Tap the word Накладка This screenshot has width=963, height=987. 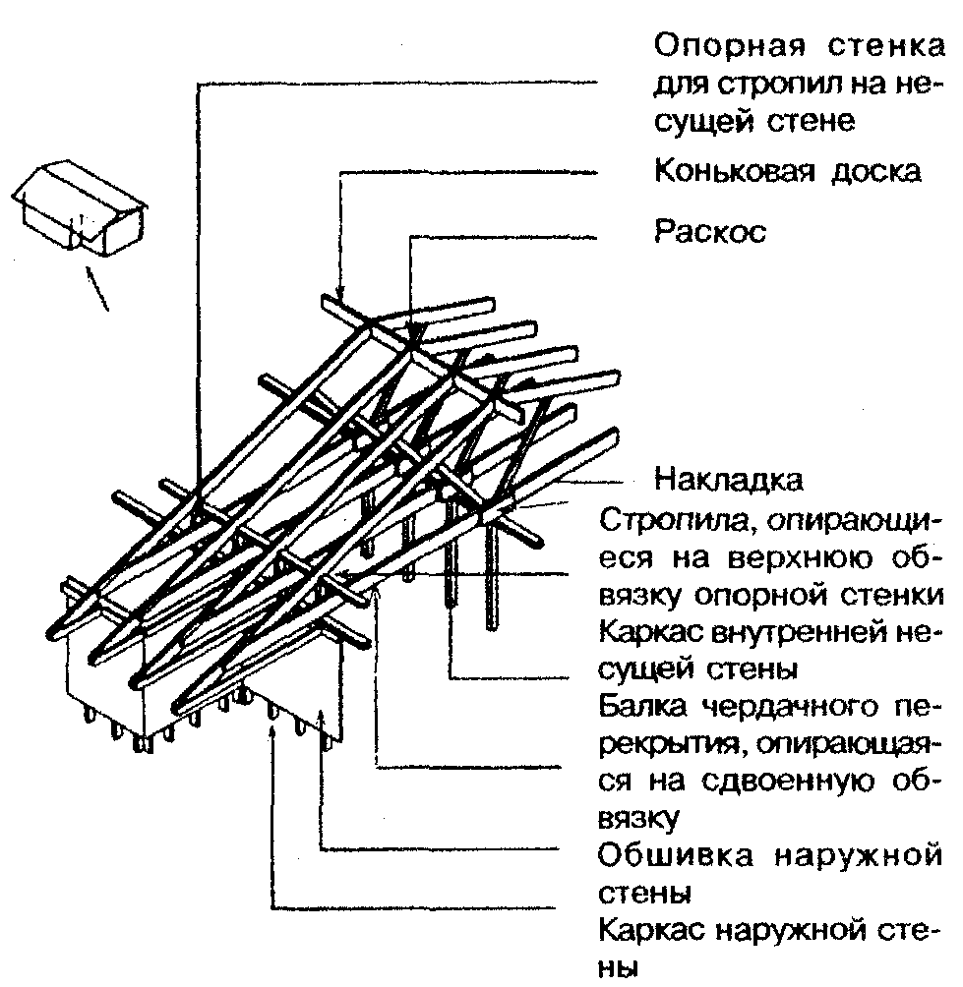pos(729,481)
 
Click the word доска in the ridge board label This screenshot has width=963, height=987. pos(878,171)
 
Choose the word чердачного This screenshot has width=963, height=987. pos(786,707)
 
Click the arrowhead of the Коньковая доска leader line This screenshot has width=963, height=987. pos(339,296)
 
